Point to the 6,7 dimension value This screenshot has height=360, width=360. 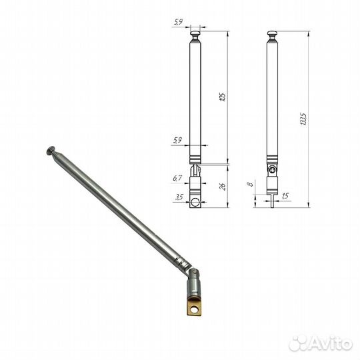click(x=178, y=178)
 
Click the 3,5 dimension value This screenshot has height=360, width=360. click(x=178, y=198)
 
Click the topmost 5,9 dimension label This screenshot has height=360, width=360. click(x=178, y=23)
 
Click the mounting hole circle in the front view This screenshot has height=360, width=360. click(x=195, y=201)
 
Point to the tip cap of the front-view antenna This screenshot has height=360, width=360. click(x=195, y=33)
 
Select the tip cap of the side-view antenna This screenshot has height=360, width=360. click(x=274, y=33)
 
